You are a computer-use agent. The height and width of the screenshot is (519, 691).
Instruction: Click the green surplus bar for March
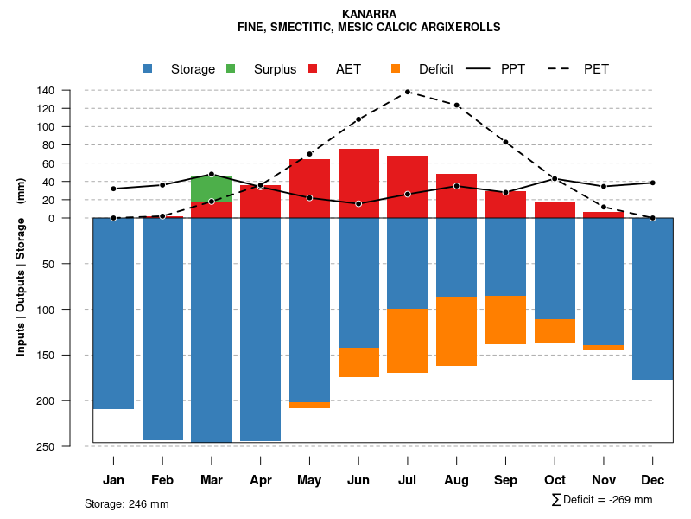[x=212, y=189]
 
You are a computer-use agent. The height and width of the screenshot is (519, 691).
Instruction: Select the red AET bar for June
[x=358, y=183]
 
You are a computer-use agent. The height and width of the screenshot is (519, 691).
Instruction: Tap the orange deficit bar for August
[x=456, y=331]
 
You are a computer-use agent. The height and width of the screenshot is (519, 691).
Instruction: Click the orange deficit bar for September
[x=505, y=320]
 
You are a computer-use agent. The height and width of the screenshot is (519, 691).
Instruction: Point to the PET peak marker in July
[x=407, y=92]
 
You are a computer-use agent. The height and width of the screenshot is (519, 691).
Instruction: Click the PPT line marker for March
[x=212, y=174]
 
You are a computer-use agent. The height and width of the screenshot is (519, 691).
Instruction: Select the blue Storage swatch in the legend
[x=148, y=69]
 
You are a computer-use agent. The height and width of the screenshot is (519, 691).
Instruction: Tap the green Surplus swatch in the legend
[x=231, y=69]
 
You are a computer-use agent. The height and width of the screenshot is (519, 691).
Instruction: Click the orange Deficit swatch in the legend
[x=396, y=69]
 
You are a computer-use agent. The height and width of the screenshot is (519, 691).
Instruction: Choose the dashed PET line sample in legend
[x=562, y=69]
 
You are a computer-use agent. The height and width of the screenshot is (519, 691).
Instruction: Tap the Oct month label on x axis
[x=555, y=480]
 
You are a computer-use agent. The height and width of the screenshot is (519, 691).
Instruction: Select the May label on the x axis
[x=309, y=480]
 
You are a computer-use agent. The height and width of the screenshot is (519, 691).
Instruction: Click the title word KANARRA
[x=369, y=14]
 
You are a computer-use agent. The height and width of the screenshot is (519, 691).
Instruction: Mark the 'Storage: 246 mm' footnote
[x=126, y=503]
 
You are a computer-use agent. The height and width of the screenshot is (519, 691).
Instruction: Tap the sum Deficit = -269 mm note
[x=602, y=500]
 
